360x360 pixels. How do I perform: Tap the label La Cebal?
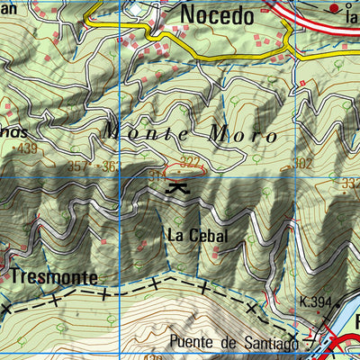coord(196,235)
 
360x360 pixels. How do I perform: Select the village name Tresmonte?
coord(53,276)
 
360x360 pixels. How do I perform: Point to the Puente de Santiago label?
coord(234,342)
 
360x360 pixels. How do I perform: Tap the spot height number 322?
coord(189,161)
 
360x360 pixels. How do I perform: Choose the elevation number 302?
coord(301,163)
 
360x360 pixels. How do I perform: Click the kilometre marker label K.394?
coord(316,303)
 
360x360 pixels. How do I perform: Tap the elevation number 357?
coord(78,166)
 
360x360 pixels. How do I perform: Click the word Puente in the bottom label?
coord(192,342)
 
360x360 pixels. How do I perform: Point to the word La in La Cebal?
coord(175,235)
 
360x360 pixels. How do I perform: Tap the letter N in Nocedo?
coord(188,14)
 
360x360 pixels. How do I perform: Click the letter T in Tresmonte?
coord(15,276)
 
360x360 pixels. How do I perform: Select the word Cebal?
coord(209,235)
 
